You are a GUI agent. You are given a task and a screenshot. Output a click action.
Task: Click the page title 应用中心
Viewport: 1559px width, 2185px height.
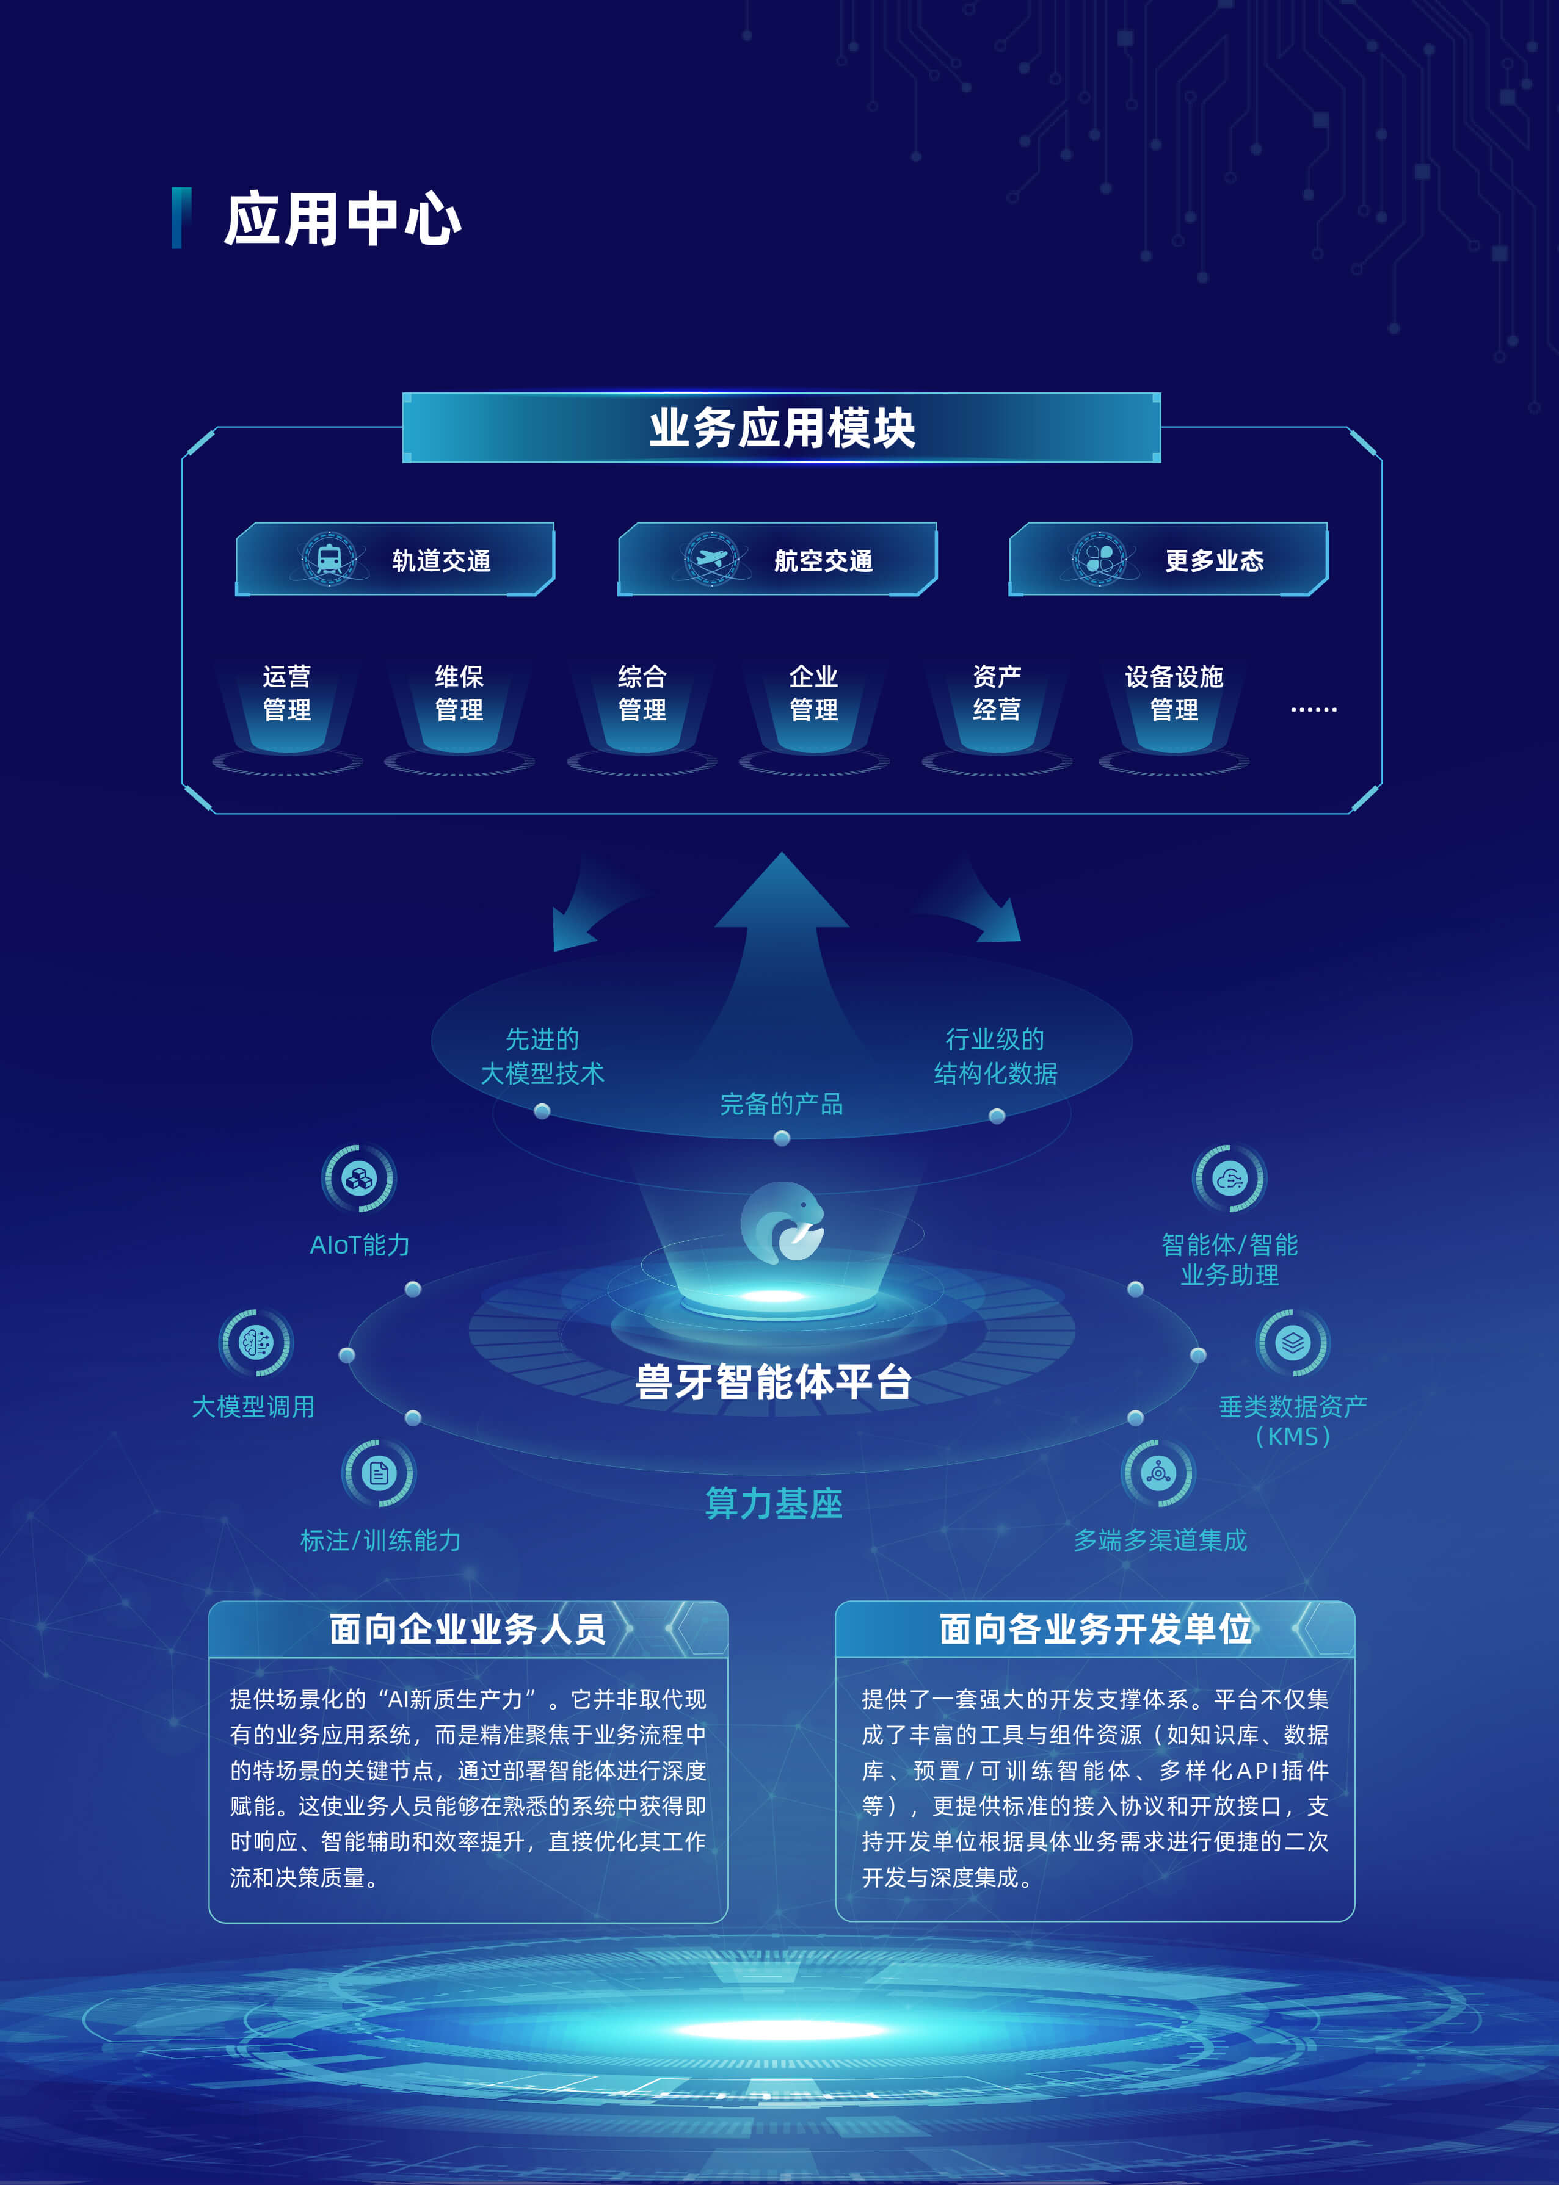343,218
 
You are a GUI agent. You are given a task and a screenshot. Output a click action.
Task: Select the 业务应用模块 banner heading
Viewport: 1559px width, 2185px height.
782,428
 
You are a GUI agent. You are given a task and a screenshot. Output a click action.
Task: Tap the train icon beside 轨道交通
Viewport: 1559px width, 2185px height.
329,558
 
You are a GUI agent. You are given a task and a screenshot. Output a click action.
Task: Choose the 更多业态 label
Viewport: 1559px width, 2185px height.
1215,560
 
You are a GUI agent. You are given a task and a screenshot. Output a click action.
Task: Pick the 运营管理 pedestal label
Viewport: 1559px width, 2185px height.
287,693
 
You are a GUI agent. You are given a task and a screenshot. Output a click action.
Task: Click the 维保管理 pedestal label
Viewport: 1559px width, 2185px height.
459,693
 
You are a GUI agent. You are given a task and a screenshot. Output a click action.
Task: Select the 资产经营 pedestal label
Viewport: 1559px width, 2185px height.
997,693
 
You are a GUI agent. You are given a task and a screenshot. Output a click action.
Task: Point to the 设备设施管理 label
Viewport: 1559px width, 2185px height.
1174,693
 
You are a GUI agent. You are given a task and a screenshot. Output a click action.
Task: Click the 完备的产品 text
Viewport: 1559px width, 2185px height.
782,1103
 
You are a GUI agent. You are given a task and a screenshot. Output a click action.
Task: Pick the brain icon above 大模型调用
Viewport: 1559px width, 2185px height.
255,1342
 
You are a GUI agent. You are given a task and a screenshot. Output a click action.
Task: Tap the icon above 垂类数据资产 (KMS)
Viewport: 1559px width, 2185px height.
1292,1342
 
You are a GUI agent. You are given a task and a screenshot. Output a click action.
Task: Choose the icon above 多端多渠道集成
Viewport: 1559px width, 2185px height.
1158,1472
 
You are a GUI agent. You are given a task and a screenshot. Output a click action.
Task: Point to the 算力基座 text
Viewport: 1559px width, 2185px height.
774,1503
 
